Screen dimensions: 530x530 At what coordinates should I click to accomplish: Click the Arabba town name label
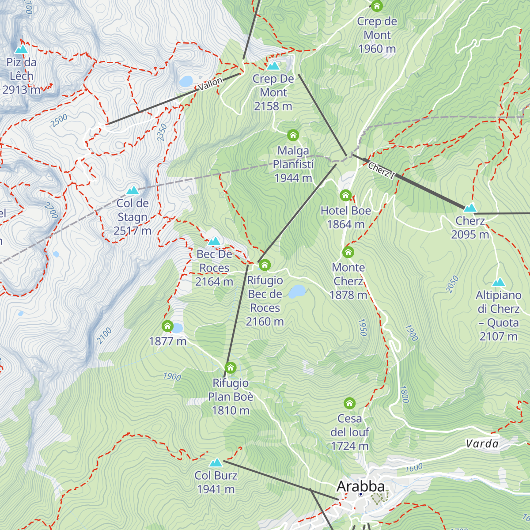point(360,486)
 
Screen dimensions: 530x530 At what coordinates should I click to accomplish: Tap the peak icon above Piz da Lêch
point(21,49)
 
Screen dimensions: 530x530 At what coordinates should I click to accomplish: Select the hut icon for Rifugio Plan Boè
point(231,367)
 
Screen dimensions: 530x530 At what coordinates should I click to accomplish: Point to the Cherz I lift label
point(381,170)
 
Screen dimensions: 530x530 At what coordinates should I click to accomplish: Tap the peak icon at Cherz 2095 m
point(470,208)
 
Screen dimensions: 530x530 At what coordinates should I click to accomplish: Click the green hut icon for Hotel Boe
point(345,195)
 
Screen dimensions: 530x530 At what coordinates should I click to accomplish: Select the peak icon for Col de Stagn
point(132,190)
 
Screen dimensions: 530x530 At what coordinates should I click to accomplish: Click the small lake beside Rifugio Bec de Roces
point(297,291)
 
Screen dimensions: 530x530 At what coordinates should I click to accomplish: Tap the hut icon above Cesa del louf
point(349,403)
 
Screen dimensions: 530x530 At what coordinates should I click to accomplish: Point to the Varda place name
point(482,444)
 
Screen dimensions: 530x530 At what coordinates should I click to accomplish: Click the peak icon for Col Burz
point(216,462)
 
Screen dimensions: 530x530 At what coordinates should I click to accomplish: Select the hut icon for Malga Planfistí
point(293,135)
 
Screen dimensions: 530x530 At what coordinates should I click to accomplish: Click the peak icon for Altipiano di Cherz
point(498,282)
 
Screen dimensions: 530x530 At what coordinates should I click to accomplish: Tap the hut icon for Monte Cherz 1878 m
point(348,252)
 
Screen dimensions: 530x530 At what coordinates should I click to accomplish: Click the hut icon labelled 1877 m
point(167,326)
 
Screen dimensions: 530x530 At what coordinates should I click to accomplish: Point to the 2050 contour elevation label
point(452,284)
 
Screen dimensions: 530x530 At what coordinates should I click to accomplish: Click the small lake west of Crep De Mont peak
point(186,81)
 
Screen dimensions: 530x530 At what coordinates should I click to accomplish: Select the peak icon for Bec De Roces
point(214,241)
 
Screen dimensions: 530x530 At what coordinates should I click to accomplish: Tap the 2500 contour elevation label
point(59,121)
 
